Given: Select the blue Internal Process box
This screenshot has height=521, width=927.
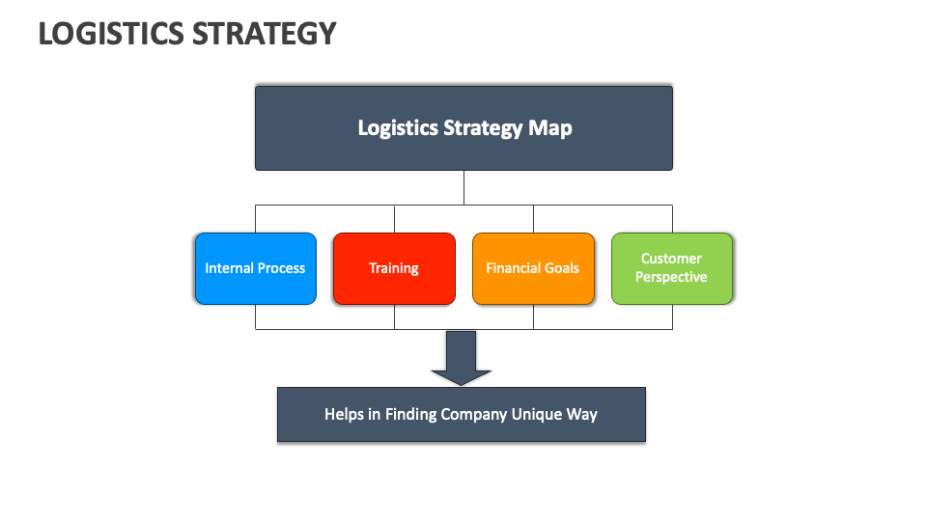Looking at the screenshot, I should tap(255, 268).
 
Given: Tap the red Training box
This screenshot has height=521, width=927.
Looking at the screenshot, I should tap(394, 268).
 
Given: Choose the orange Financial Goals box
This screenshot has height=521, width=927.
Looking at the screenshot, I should tap(533, 268).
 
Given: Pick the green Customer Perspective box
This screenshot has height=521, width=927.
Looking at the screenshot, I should tap(672, 268).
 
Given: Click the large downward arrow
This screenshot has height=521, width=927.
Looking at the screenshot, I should tap(461, 357).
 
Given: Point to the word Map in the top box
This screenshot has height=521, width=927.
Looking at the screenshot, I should tap(549, 127).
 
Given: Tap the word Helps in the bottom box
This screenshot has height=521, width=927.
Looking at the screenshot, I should tap(345, 415).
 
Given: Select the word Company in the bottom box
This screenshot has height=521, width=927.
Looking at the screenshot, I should tap(474, 415).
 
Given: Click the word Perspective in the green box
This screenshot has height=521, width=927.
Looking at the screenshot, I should tap(671, 278).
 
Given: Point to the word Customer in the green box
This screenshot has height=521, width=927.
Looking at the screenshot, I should tap(671, 259).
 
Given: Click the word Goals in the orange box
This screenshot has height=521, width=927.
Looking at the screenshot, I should tap(560, 268).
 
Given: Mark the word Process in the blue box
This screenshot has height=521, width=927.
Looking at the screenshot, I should tap(281, 268).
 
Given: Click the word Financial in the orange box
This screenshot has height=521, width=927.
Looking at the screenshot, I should tap(513, 268).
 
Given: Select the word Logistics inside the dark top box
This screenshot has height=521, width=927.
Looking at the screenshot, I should tap(397, 127).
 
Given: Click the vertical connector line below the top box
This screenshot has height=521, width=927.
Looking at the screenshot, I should tap(463, 187).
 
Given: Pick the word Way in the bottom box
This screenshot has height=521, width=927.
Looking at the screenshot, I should tap(583, 415).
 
